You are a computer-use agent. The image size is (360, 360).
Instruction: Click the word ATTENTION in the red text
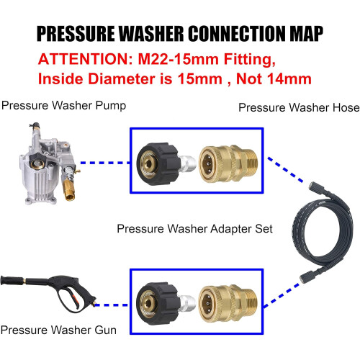point(86,59)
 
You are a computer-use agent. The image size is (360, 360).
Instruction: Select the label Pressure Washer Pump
point(63,106)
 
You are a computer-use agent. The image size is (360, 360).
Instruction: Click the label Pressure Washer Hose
point(299,107)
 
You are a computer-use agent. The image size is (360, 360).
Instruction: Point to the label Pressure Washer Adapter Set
point(194,229)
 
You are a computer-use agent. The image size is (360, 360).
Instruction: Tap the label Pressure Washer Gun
point(58,330)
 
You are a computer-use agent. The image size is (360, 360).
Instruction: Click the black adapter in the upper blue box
point(158,164)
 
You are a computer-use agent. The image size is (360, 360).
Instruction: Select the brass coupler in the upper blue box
point(228,164)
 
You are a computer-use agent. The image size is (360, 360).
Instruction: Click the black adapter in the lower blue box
point(158,304)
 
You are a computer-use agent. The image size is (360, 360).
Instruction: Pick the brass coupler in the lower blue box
point(228,304)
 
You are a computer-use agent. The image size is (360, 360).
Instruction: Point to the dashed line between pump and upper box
point(104,163)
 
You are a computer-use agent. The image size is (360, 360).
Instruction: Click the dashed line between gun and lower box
point(111,305)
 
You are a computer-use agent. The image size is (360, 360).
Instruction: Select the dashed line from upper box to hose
point(285,169)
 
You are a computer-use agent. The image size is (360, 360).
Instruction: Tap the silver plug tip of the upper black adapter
point(189,163)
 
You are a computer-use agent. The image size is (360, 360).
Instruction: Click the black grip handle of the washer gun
point(12,280)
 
